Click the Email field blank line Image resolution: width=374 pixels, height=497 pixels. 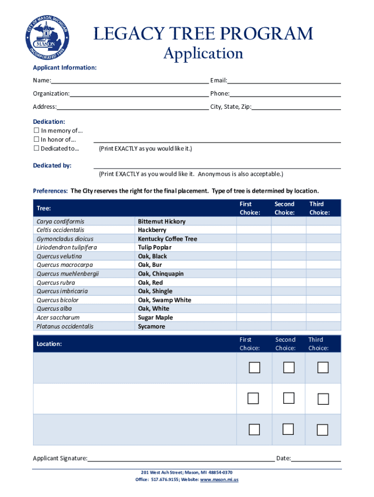click(284, 81)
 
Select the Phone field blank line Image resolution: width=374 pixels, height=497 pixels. click(285, 94)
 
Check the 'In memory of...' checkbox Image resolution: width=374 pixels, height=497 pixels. click(36, 131)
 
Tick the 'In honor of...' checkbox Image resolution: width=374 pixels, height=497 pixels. click(36, 140)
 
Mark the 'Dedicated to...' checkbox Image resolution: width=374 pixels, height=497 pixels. click(36, 149)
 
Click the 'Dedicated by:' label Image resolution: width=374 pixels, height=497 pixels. click(52, 166)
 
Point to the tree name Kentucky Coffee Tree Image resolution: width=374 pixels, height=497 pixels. click(167, 239)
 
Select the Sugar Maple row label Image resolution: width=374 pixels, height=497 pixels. click(155, 317)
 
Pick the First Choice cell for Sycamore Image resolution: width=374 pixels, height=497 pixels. click(254, 327)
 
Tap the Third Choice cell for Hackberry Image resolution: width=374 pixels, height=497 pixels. click(323, 230)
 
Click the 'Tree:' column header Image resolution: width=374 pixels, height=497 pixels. click(44, 208)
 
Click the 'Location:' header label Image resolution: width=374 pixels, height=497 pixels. click(49, 344)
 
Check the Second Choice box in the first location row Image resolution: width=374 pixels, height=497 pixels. click(289, 368)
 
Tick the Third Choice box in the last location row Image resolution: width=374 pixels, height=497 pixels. click(323, 430)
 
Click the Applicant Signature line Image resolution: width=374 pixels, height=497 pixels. click(181, 458)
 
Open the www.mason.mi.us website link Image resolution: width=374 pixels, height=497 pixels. click(219, 480)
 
